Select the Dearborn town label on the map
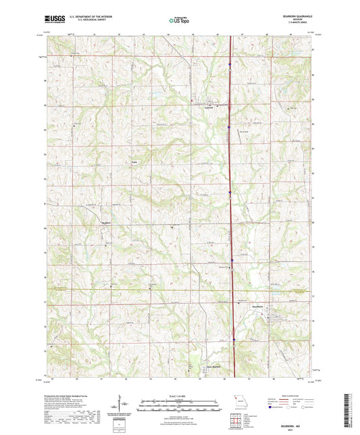tap(278, 316)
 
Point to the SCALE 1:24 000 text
tap(180, 396)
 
